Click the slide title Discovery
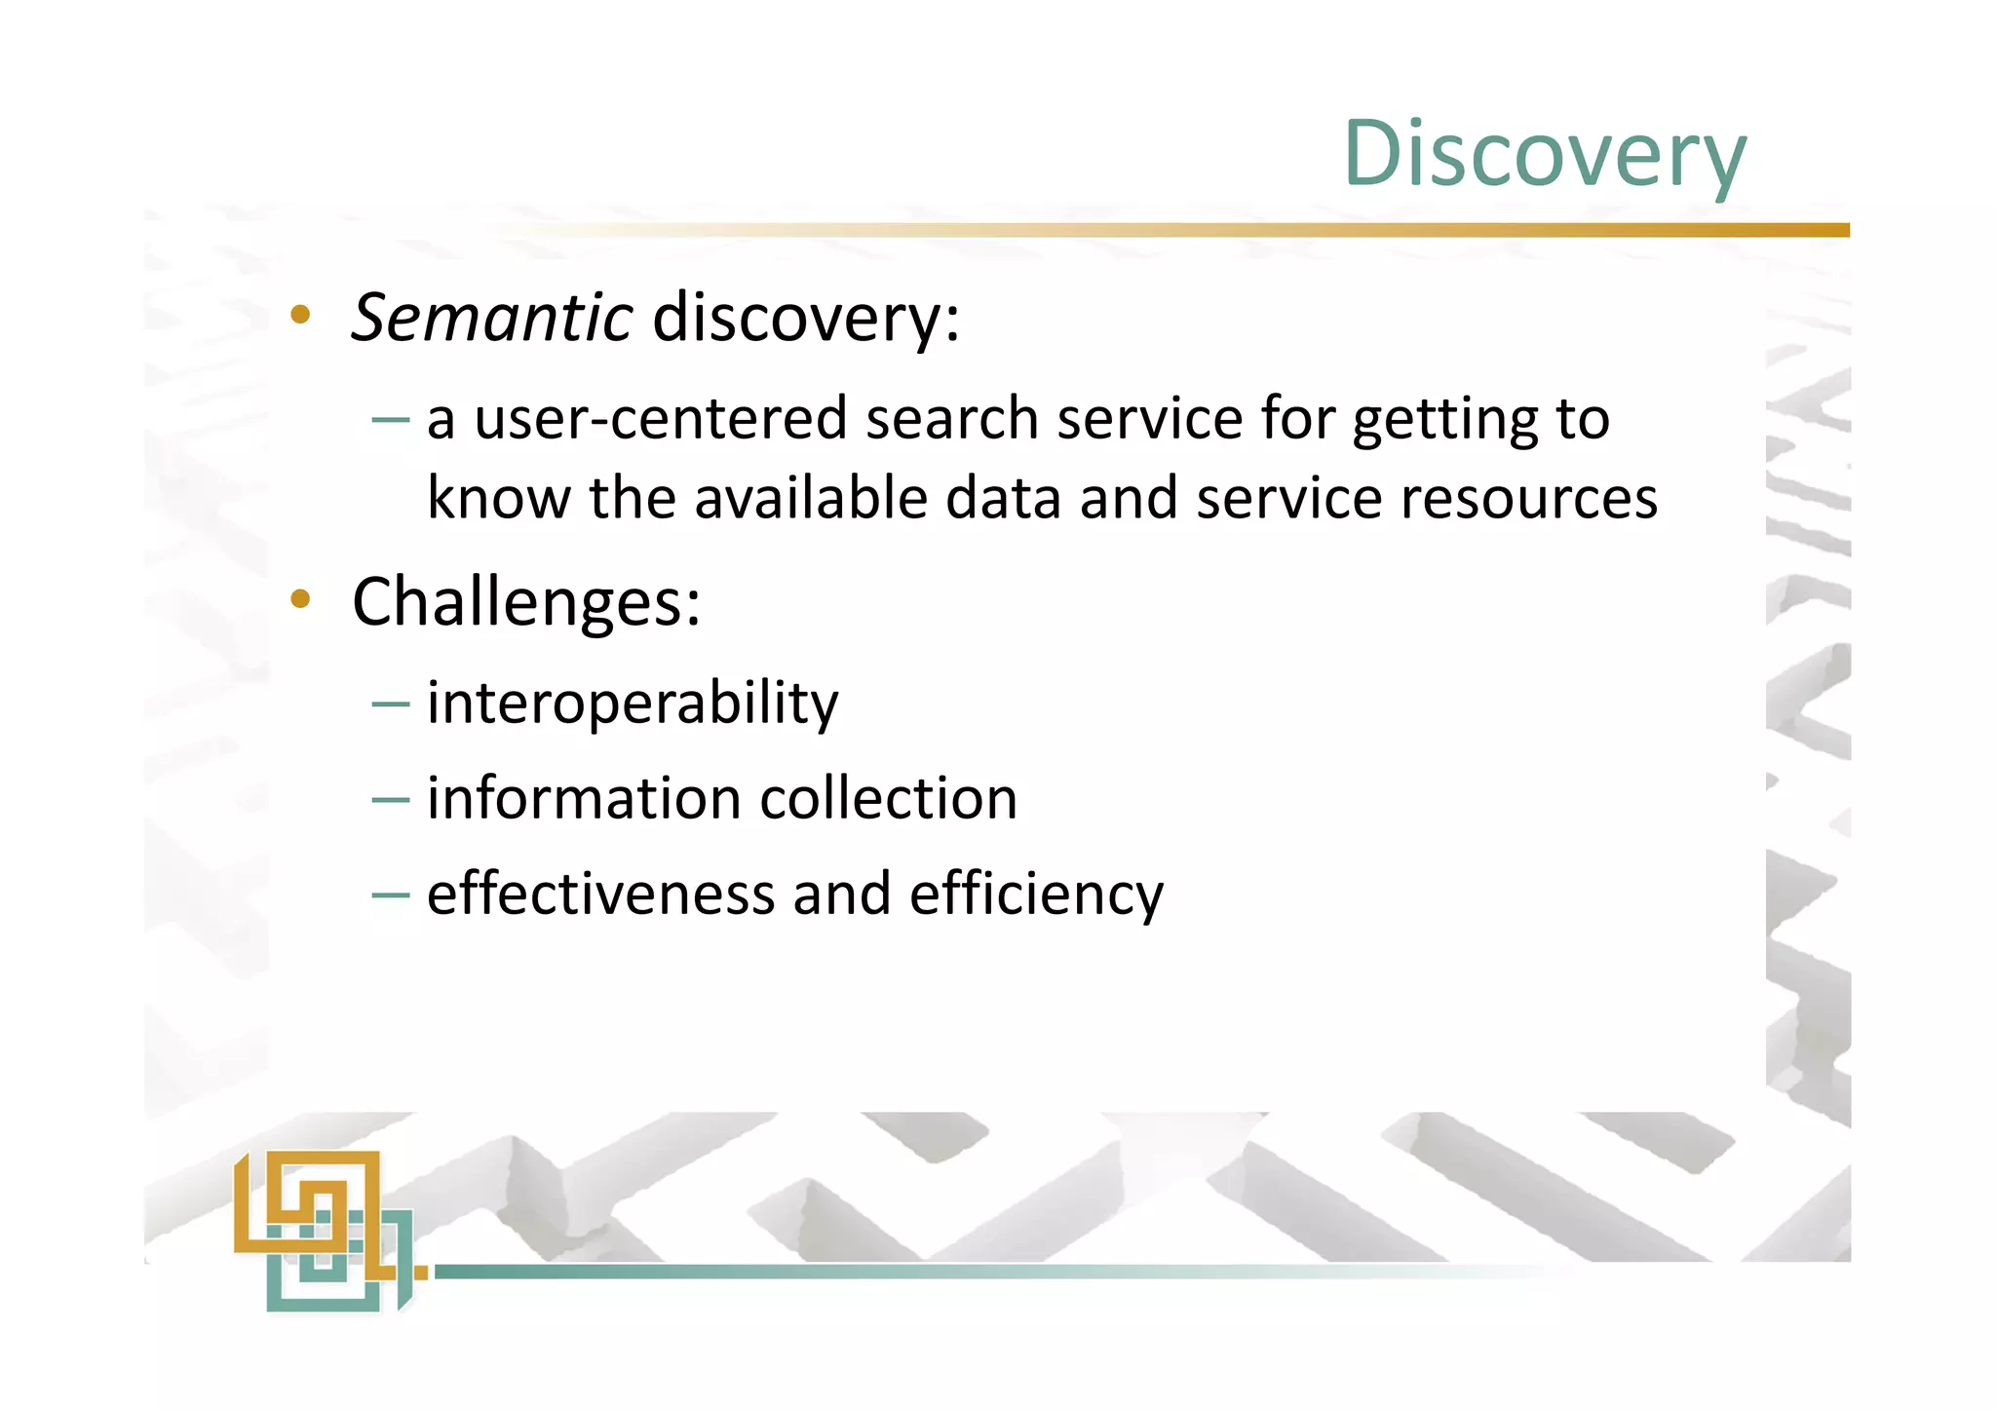[x=1544, y=154]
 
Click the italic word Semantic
[x=492, y=318]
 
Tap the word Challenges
[x=525, y=602]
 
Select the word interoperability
[x=633, y=704]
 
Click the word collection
[x=888, y=799]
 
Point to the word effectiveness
[x=600, y=895]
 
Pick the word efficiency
[x=1036, y=895]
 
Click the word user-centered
[x=661, y=419]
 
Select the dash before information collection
[x=390, y=800]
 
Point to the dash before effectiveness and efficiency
[x=390, y=896]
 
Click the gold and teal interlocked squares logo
[x=326, y=1229]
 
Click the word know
[x=498, y=499]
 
